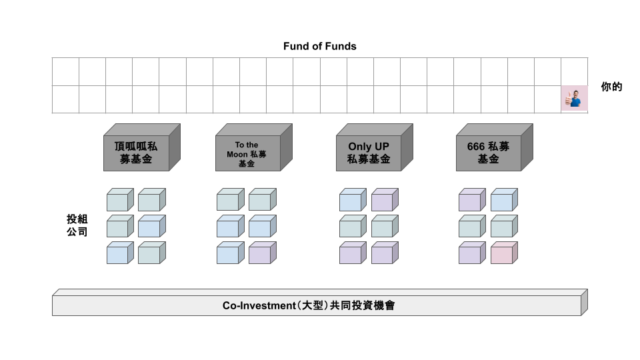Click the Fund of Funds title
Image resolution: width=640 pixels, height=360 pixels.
click(x=319, y=46)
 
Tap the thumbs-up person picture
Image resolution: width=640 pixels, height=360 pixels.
click(x=574, y=99)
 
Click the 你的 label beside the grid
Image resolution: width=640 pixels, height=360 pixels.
click(x=611, y=87)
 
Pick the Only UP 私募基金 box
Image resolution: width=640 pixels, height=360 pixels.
click(x=368, y=153)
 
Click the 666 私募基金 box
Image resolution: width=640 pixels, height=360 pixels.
click(x=488, y=153)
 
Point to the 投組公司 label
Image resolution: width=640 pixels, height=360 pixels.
click(x=77, y=225)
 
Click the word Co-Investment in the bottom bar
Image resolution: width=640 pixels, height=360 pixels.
click(x=259, y=306)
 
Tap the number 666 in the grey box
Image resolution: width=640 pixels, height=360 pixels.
click(x=475, y=146)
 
